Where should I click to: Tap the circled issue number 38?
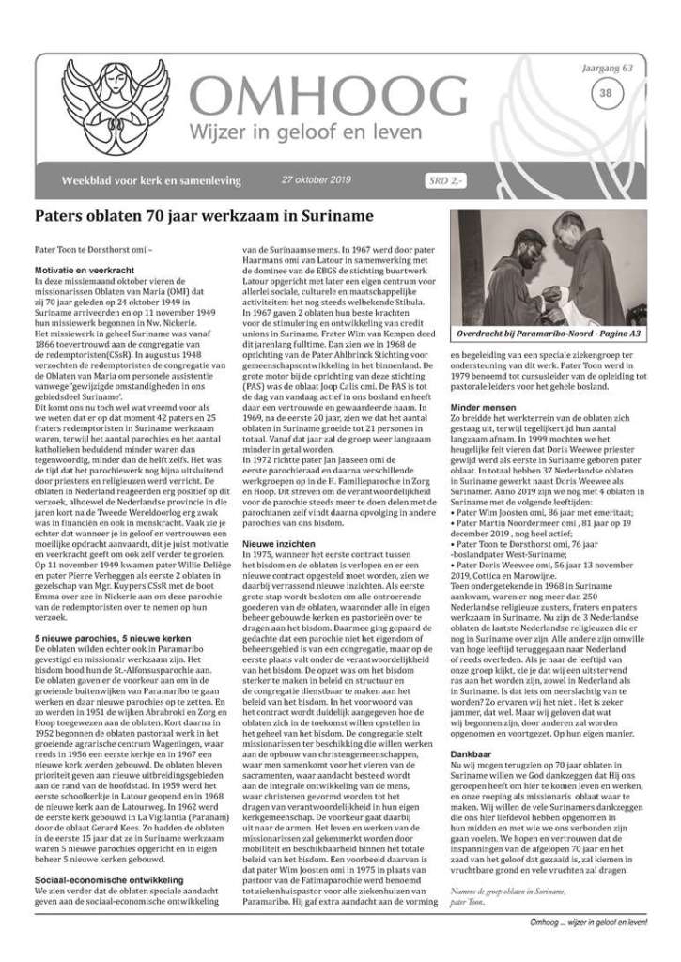[x=606, y=93]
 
